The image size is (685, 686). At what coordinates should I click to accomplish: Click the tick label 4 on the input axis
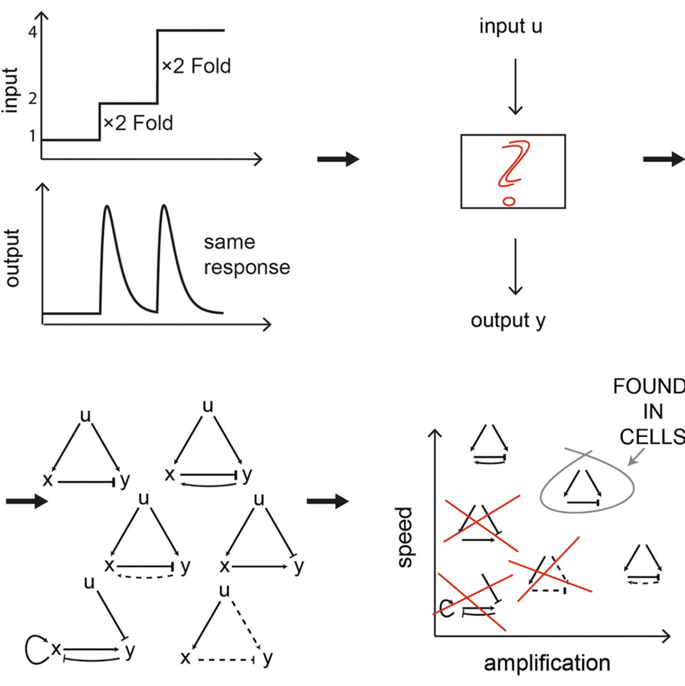[33, 32]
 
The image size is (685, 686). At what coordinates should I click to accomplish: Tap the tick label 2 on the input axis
[33, 99]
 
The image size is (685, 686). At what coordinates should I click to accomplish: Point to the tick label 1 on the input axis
[33, 136]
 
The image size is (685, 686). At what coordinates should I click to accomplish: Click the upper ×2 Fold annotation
[196, 66]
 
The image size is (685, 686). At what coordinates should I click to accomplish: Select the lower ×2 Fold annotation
[138, 123]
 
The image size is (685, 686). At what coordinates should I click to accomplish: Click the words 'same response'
[246, 255]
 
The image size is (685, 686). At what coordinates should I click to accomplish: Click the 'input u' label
[510, 27]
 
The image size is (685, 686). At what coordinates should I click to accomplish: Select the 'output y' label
[508, 321]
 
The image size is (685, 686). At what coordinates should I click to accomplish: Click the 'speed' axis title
[405, 537]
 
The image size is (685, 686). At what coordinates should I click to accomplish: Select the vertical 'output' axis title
[12, 258]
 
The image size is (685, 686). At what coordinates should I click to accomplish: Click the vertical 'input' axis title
[10, 90]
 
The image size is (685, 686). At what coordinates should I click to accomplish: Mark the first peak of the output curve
[107, 207]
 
